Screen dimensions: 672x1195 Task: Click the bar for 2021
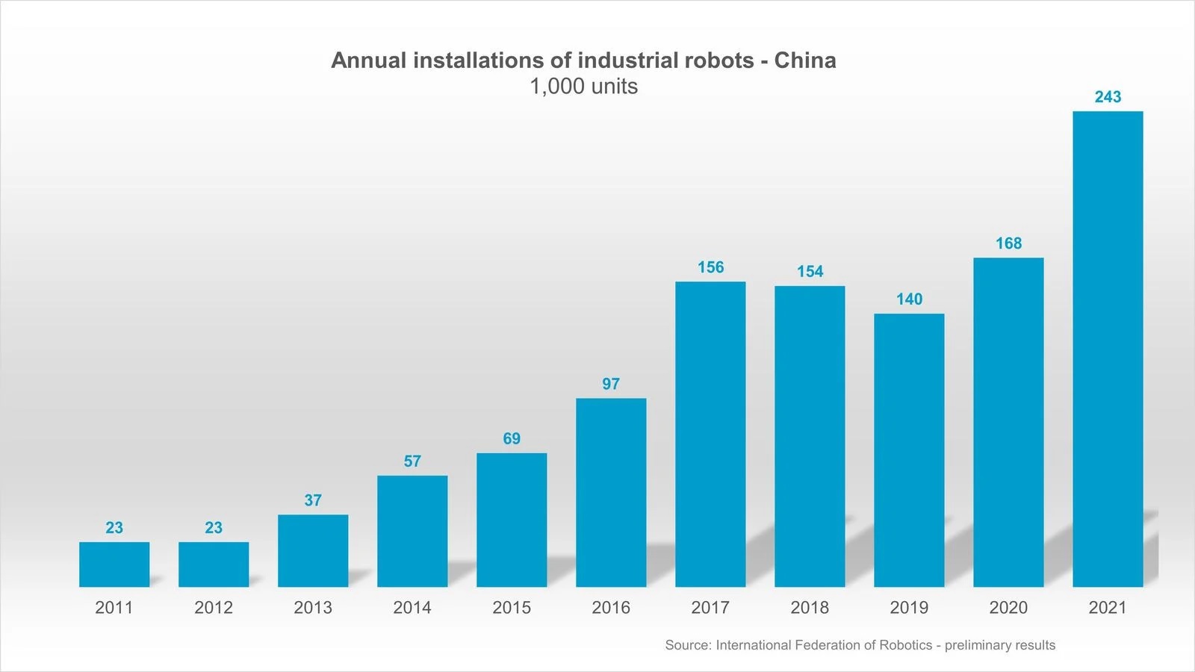coord(1108,349)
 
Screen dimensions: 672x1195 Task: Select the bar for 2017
coord(710,434)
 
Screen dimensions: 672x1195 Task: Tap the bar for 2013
coord(313,550)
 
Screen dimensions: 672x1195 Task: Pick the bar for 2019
coord(909,449)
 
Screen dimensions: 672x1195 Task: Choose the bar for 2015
coord(512,520)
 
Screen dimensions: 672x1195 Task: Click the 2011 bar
coord(114,564)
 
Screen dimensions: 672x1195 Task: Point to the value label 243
coord(1108,97)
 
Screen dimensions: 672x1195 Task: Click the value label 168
coord(1008,243)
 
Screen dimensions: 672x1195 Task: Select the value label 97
coord(611,384)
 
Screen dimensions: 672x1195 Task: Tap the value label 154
coord(810,272)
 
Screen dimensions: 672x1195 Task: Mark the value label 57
coord(412,461)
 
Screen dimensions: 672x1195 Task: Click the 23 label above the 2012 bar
coord(214,528)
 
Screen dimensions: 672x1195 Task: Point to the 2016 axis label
coord(611,608)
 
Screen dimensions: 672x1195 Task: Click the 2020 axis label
coord(1008,608)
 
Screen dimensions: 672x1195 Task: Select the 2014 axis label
coord(412,608)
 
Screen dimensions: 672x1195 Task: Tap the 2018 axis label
coord(810,608)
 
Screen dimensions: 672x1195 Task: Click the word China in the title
coord(804,60)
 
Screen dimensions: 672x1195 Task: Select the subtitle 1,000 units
coord(583,87)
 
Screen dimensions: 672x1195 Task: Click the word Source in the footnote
coord(687,645)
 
